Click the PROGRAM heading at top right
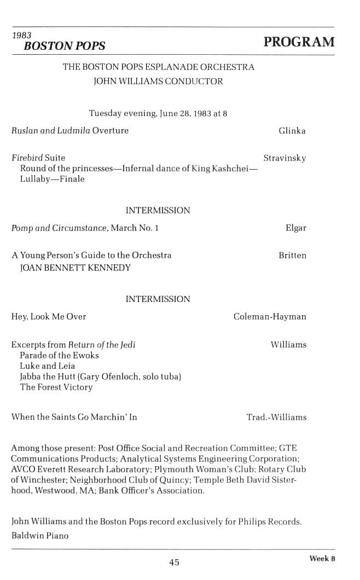(299, 43)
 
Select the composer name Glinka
(292, 131)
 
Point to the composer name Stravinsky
(284, 158)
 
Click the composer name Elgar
(296, 228)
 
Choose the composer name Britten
(293, 256)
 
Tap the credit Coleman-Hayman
(270, 316)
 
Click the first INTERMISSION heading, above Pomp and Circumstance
(158, 211)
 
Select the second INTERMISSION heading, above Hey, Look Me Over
(158, 299)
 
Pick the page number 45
(175, 562)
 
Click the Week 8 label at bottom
(322, 559)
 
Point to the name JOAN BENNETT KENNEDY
(76, 268)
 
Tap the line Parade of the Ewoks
(59, 355)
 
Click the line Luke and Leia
(48, 366)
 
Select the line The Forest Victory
(56, 387)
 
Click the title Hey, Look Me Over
(49, 316)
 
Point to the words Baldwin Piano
(40, 536)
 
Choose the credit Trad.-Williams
(276, 417)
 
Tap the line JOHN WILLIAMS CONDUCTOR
(159, 82)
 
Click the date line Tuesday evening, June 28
(158, 114)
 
